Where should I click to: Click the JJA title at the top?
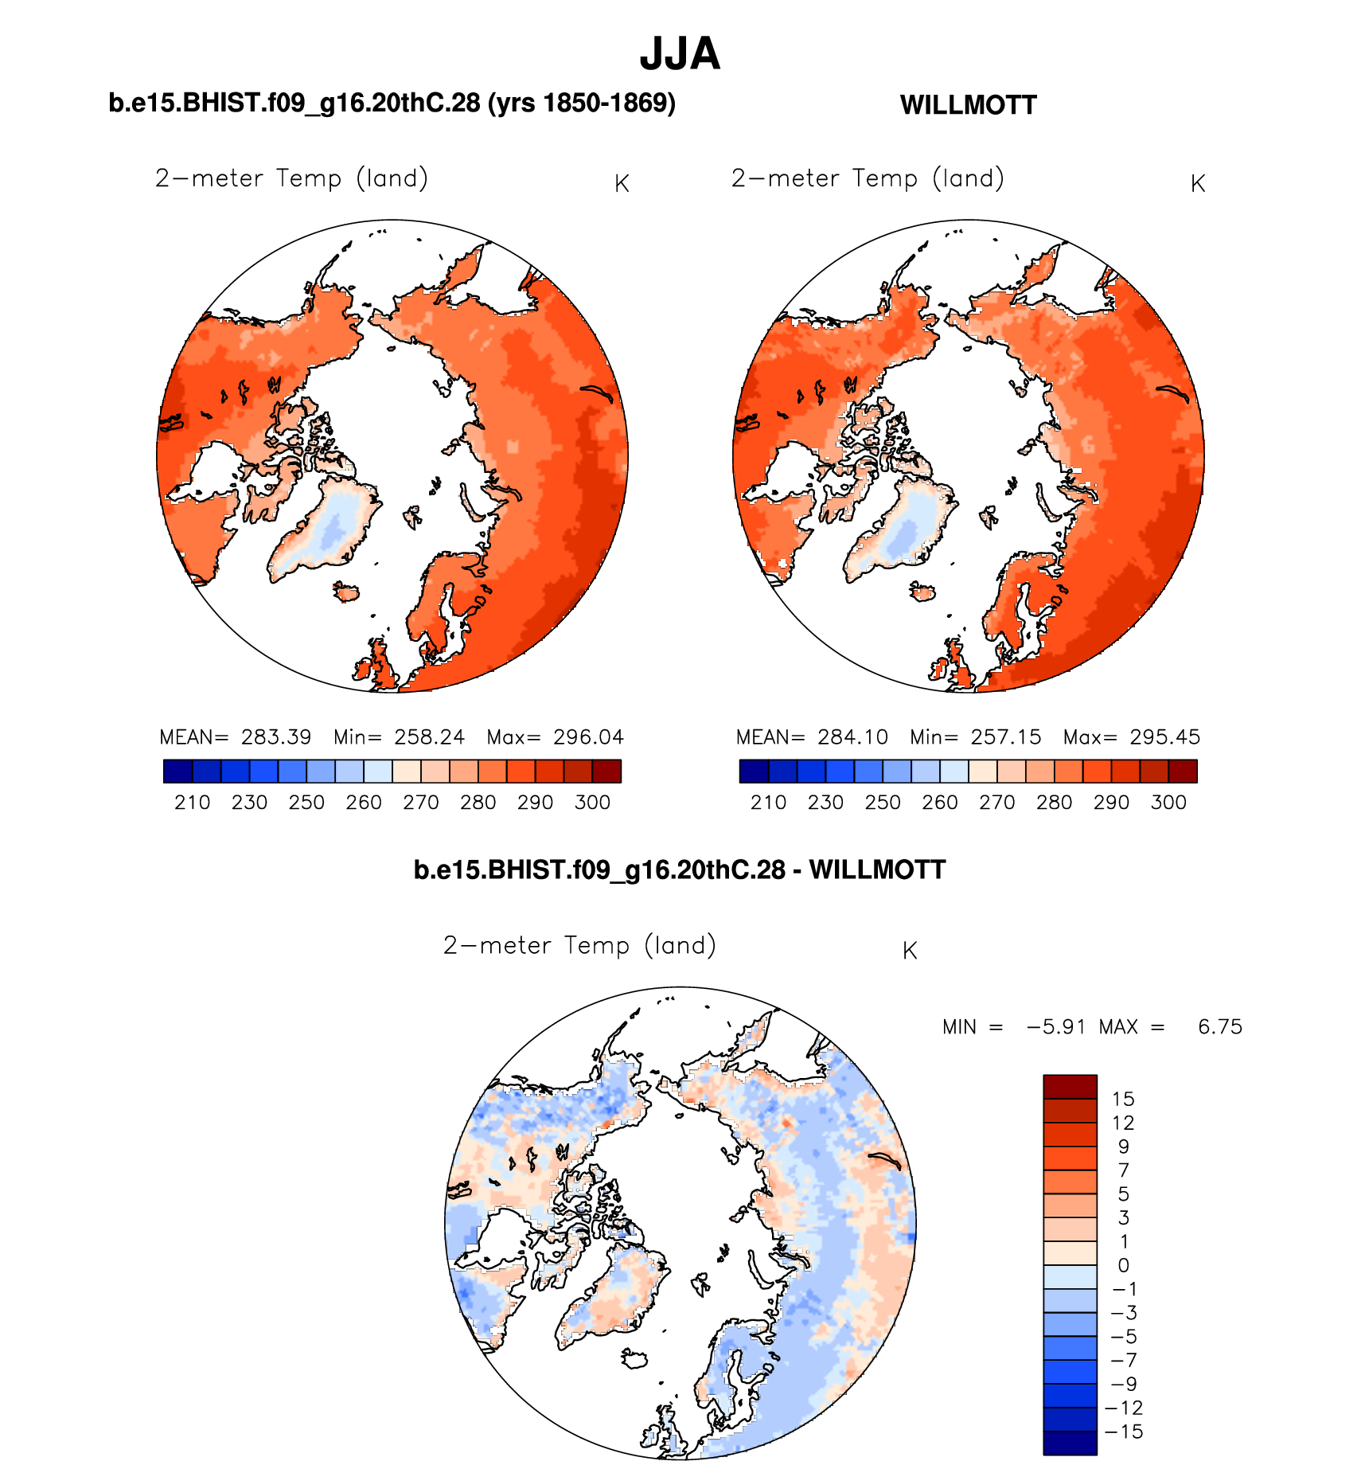point(680,54)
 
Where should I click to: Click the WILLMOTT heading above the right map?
point(968,105)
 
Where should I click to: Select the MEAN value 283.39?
point(276,737)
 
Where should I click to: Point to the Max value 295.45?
point(1164,737)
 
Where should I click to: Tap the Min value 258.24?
point(429,737)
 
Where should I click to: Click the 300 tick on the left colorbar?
point(592,803)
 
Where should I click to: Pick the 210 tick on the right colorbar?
point(768,803)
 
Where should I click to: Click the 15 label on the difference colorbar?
point(1123,1100)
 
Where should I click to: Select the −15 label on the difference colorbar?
point(1124,1432)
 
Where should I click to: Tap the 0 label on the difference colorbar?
point(1123,1266)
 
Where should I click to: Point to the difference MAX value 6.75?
point(1219,1027)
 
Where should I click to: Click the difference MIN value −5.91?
point(1056,1027)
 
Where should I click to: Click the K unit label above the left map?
point(622,184)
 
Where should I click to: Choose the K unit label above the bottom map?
point(910,951)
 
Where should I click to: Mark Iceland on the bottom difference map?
point(636,1358)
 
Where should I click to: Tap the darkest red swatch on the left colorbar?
point(606,772)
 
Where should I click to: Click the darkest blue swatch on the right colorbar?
point(754,772)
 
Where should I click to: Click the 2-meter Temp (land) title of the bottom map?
point(579,946)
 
